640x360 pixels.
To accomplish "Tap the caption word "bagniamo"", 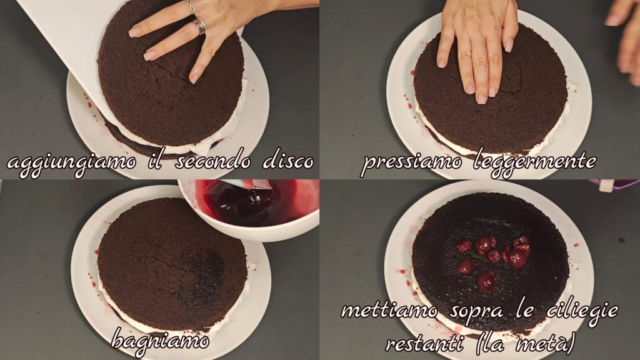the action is pos(160,339).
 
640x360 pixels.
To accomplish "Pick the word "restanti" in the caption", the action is pos(424,344).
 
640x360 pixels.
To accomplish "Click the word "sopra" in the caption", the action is pos(477,312).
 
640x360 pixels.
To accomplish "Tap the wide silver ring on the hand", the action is pos(199,26).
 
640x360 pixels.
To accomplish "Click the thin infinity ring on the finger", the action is pos(190,6).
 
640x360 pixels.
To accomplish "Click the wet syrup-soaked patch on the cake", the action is pos(202,277).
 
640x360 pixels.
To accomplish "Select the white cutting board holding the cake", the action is pos(74,53).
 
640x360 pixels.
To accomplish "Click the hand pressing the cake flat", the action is pos(478,47).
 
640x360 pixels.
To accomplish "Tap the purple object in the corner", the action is pos(615,185).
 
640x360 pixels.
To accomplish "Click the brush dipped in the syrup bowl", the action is pos(250,192).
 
